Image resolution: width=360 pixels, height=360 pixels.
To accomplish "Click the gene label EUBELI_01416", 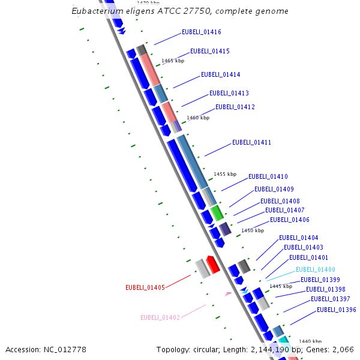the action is [201, 32].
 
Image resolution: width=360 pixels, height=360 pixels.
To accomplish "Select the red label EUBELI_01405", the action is [145, 288].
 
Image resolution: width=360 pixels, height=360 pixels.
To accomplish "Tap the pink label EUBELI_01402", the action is [160, 317].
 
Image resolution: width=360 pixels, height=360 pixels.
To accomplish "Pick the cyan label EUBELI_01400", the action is [315, 270].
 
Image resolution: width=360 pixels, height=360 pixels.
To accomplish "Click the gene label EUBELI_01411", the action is [251, 143].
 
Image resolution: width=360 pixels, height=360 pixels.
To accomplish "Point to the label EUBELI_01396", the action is [336, 310].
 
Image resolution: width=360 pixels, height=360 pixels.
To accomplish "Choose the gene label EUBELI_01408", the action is [280, 201].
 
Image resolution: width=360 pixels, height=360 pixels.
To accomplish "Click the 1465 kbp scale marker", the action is [173, 61].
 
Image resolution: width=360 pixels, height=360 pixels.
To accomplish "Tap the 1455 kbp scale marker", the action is [225, 174].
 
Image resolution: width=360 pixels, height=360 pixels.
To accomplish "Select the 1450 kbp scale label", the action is [252, 230].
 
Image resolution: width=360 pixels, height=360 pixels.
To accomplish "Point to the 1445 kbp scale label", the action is [280, 286].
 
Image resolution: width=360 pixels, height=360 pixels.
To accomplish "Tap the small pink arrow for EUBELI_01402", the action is [228, 294].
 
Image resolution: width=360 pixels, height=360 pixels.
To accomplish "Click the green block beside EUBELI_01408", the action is [217, 212].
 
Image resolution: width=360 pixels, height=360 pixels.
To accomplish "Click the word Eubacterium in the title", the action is [95, 11].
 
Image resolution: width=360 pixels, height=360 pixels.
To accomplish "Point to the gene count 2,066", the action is [342, 349].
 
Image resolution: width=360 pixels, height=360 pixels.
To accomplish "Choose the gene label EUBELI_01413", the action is [229, 94].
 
